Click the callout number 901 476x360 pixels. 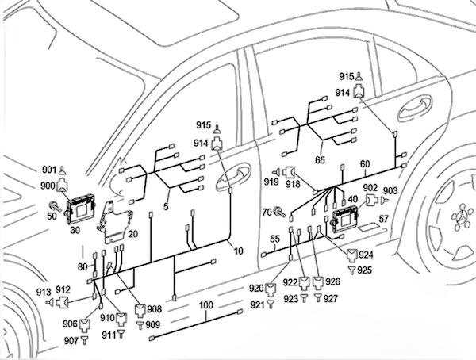coord(49,170)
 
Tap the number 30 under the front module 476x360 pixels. coord(76,229)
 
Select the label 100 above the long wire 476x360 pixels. coord(205,305)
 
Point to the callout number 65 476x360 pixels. coord(321,160)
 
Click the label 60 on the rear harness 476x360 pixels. coord(365,164)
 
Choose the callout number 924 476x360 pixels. coord(366,255)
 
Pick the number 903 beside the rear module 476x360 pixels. coord(389,191)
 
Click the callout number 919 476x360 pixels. coord(271,183)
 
